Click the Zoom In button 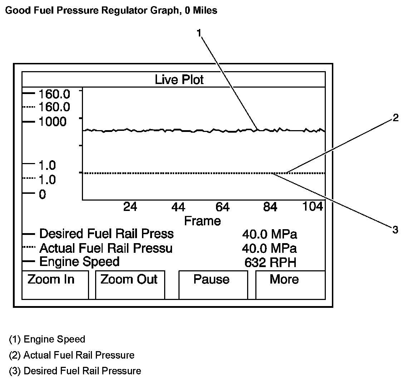click(x=55, y=285)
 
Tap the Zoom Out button click(x=130, y=285)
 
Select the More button click(x=290, y=285)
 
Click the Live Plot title click(x=179, y=79)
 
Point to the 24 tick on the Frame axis click(x=130, y=207)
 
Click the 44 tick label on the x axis click(x=178, y=207)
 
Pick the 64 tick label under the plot click(x=222, y=207)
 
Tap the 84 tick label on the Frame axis click(x=270, y=207)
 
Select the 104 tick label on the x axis click(x=313, y=206)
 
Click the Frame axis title click(x=202, y=221)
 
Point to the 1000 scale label click(x=52, y=122)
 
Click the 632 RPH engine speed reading click(x=270, y=263)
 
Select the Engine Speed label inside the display click(x=79, y=262)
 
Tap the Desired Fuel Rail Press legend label click(x=106, y=234)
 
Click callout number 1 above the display click(x=199, y=33)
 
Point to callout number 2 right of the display click(x=395, y=118)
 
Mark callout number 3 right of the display click(x=395, y=230)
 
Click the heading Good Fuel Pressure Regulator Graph click(x=111, y=10)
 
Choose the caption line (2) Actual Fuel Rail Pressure click(x=72, y=355)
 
